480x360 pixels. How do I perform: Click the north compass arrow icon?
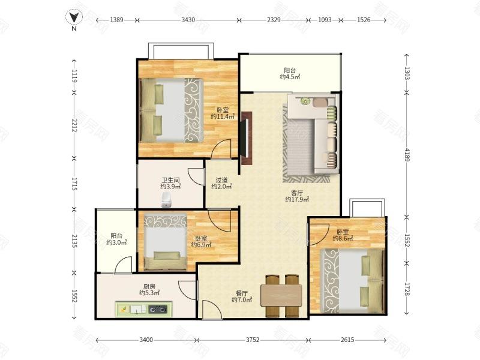(74, 17)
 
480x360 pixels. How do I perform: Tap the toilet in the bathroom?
(166, 200)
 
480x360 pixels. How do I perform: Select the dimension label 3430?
(188, 20)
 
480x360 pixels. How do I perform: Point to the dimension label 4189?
(407, 155)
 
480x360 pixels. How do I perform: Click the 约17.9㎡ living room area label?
(297, 200)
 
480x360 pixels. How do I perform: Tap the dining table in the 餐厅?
(281, 295)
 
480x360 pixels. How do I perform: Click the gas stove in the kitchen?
(158, 310)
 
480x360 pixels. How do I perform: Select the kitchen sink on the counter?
(137, 310)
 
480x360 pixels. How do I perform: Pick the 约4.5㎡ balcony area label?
(290, 77)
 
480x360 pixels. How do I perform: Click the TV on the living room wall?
(244, 139)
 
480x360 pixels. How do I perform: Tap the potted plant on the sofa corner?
(305, 101)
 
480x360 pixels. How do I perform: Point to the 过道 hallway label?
(221, 180)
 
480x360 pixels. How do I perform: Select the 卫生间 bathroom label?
(170, 181)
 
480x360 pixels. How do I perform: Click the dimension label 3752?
(253, 340)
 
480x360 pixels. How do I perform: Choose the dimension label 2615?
(347, 340)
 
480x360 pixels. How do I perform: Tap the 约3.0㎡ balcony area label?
(116, 242)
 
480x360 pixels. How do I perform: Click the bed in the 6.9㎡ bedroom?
(166, 242)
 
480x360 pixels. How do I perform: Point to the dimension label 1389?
(116, 20)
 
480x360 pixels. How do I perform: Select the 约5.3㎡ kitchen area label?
(149, 293)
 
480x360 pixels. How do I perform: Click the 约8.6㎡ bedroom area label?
(343, 238)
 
